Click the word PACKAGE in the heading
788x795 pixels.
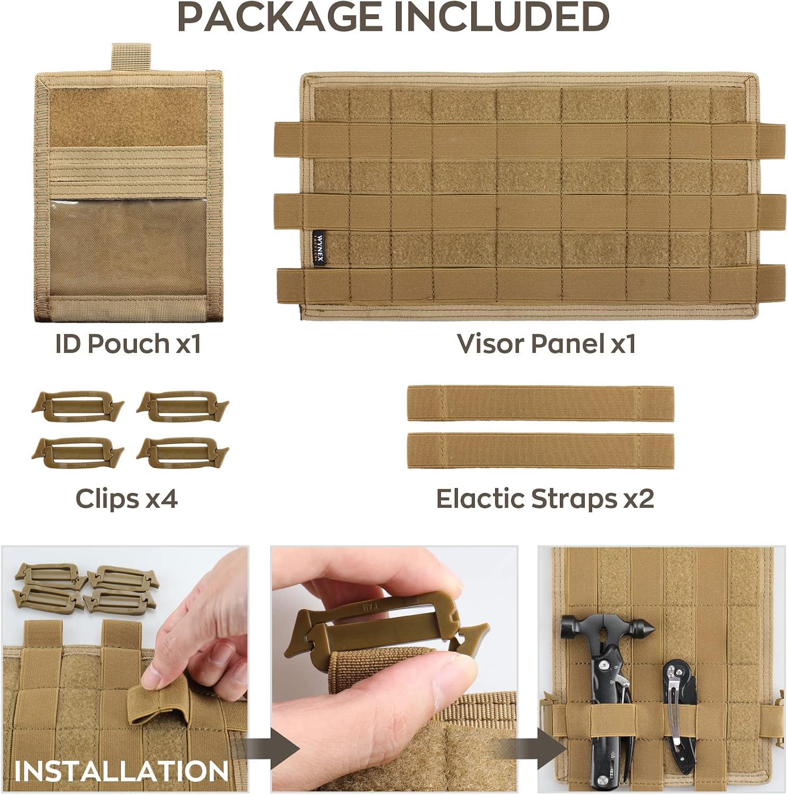point(280,16)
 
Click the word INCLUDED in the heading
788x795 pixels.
point(501,16)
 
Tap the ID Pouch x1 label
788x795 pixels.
point(128,343)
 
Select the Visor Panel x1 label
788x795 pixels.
point(546,343)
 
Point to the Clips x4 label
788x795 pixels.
point(126,499)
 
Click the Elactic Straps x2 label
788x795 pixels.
point(545,499)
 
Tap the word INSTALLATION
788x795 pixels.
point(121,771)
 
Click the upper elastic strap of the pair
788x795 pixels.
point(541,404)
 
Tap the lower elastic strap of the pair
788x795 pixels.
point(541,450)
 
